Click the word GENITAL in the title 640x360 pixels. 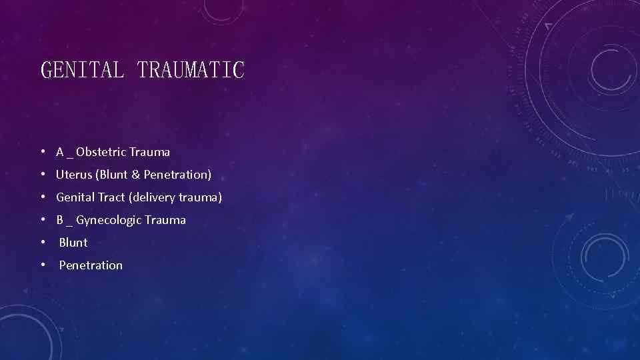click(82, 69)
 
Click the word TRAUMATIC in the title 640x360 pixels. click(191, 69)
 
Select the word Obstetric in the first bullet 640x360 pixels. click(101, 152)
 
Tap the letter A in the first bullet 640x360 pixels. click(60, 152)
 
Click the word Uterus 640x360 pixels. click(74, 175)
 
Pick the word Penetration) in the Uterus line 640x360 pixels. click(177, 175)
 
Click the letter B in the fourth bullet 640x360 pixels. click(60, 220)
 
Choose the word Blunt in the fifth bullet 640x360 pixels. click(73, 243)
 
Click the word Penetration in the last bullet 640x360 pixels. click(91, 265)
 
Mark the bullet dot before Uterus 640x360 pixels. click(42, 175)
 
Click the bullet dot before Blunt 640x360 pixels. click(42, 243)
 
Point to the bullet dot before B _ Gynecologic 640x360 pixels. click(42, 220)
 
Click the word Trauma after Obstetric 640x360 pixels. click(150, 152)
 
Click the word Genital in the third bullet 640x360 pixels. click(75, 197)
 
